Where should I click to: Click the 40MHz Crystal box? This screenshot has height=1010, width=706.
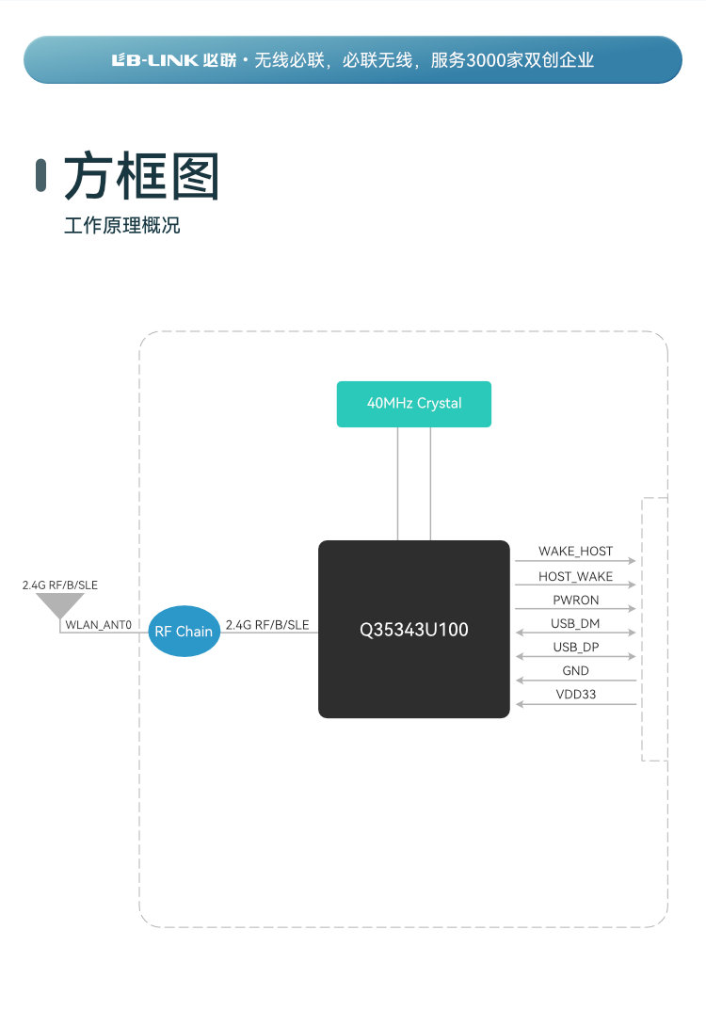[x=414, y=404]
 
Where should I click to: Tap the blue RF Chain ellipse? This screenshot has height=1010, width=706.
[x=184, y=631]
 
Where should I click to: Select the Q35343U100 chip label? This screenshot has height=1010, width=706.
[x=414, y=630]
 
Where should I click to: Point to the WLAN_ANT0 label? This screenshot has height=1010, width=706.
[x=98, y=625]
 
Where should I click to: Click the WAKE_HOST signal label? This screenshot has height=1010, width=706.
[x=575, y=551]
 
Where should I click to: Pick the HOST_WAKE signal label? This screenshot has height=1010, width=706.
[x=575, y=576]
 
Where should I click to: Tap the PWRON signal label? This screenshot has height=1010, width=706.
[x=575, y=600]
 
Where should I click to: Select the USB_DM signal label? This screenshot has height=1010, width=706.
[x=575, y=623]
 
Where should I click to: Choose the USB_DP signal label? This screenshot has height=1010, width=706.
[x=575, y=647]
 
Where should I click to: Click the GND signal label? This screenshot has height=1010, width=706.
[x=575, y=671]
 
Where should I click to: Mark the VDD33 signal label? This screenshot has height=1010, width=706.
[x=575, y=695]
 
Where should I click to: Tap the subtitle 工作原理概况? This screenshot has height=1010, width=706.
[x=121, y=226]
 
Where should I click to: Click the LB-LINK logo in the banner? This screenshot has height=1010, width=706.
[x=154, y=60]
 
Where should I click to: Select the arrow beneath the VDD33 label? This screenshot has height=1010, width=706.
[x=575, y=705]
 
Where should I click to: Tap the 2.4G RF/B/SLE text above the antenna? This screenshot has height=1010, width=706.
[x=59, y=585]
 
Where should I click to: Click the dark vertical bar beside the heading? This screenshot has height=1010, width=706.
[x=40, y=176]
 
